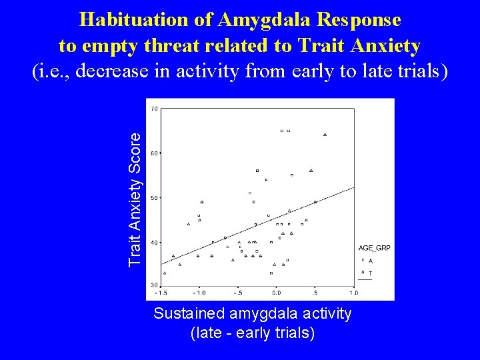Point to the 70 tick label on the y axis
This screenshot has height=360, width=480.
pyautogui.click(x=154, y=108)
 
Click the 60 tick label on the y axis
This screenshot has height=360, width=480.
pyautogui.click(x=154, y=153)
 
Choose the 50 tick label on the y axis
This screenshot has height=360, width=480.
pyautogui.click(x=154, y=198)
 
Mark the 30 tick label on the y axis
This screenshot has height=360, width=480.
pyautogui.click(x=154, y=285)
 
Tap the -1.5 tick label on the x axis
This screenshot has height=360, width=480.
pyautogui.click(x=161, y=293)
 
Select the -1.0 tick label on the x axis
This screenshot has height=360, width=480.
pyautogui.click(x=199, y=293)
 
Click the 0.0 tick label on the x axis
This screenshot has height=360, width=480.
pyautogui.click(x=276, y=293)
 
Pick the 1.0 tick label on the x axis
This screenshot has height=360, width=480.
pyautogui.click(x=353, y=293)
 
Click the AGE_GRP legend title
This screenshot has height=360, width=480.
pyautogui.click(x=374, y=247)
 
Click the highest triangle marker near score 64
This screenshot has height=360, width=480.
pyautogui.click(x=325, y=135)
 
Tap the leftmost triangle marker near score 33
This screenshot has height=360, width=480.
pyautogui.click(x=165, y=273)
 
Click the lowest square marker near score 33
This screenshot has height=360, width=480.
pyautogui.click(x=271, y=273)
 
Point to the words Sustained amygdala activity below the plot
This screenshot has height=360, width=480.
pyautogui.click(x=252, y=313)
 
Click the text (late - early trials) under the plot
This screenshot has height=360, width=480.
pyautogui.click(x=252, y=332)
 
